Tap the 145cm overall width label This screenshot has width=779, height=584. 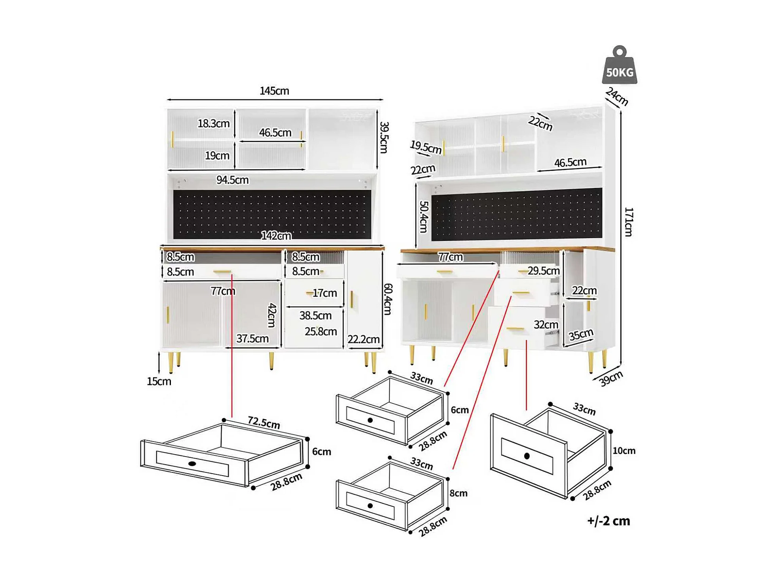[274, 91]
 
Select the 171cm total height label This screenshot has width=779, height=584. [628, 222]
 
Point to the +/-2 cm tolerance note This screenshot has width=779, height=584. [608, 521]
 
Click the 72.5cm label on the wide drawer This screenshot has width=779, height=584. [264, 423]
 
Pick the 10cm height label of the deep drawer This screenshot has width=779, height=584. [624, 451]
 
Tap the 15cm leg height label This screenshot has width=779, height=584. [159, 381]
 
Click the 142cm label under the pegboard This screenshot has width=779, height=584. [276, 236]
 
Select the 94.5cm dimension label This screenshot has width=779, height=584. [232, 180]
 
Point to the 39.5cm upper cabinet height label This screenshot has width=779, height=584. [384, 137]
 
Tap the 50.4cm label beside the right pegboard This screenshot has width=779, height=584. [424, 216]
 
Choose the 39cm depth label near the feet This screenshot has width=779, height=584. [610, 379]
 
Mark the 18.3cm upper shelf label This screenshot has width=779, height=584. [214, 123]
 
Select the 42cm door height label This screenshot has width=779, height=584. [272, 315]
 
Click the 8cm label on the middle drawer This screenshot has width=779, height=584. [459, 493]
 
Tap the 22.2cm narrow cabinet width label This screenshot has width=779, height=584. [364, 339]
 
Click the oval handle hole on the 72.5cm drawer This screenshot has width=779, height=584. [192, 463]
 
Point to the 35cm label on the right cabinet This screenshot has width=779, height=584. [581, 335]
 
